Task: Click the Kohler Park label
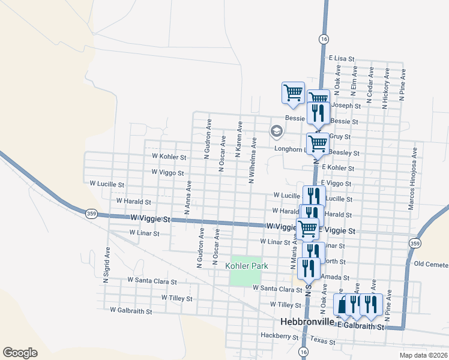coord(246,265)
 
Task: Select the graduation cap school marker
coord(276,131)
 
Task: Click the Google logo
coord(20,353)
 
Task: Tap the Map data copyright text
coord(424,355)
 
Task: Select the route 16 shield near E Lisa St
coord(324,39)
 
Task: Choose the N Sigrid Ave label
coord(107,265)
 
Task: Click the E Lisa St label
coord(342,59)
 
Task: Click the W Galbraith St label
coord(131,311)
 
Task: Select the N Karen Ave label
coord(239,139)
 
